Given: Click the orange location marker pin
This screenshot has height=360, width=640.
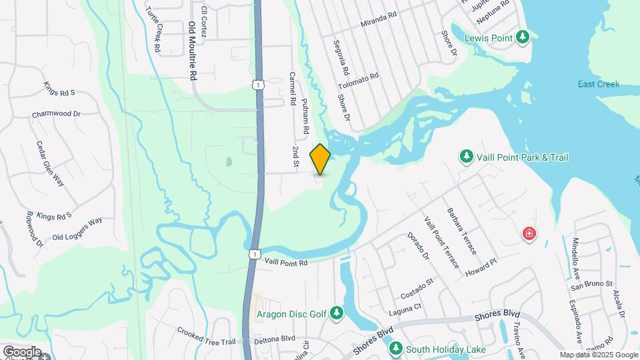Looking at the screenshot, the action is pos(321,159).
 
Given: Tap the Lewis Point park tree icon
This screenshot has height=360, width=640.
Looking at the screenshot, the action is pos(523,37).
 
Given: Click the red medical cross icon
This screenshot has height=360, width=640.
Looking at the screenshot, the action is pos(529,234).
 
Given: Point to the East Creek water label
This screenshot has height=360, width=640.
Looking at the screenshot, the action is pos(598,84).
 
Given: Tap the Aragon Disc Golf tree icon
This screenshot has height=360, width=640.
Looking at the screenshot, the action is pos(337,313).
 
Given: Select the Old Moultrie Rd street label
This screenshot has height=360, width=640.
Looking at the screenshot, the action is pos(193,51).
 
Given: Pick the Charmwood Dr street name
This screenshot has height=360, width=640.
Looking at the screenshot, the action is pos(56,115).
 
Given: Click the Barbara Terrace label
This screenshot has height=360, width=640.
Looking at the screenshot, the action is pos(463,229).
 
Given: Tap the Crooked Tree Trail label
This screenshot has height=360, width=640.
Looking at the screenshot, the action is pos(206,336).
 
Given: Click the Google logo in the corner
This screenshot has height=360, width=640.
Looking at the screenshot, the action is pos(21,351).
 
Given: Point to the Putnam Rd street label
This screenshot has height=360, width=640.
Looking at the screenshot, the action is pos(306,113).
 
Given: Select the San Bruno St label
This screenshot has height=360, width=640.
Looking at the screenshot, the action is pos(591,285).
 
